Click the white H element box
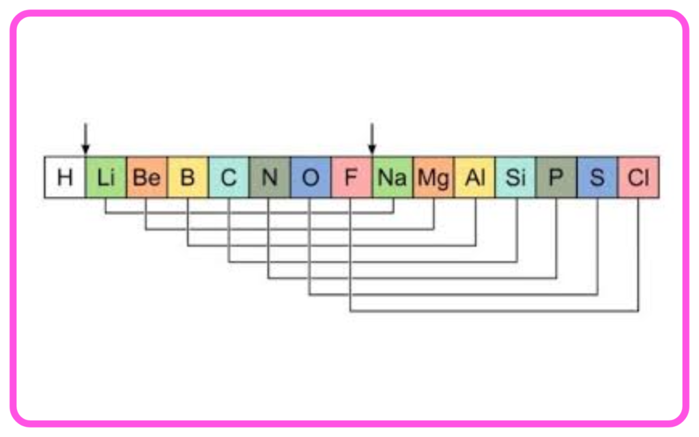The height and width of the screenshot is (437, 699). click(x=65, y=177)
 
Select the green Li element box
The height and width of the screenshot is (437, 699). click(x=106, y=177)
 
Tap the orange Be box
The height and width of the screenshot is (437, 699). click(x=147, y=177)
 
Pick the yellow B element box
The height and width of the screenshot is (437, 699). click(x=188, y=177)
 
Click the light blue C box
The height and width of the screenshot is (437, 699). click(x=229, y=177)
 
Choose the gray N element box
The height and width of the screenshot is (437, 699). click(x=270, y=177)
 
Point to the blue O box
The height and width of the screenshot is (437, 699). click(x=311, y=177)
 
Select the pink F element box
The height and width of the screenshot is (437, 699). click(x=352, y=177)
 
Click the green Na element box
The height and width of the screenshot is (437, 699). click(x=393, y=177)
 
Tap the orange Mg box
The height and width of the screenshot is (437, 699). click(x=433, y=177)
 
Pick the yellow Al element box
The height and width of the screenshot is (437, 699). click(x=475, y=177)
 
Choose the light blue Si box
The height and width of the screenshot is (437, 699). click(x=516, y=177)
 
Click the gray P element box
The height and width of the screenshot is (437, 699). click(x=557, y=177)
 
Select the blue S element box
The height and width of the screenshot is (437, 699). click(x=598, y=177)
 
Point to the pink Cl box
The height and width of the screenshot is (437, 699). click(x=639, y=177)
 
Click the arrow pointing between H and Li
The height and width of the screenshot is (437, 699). click(x=85, y=139)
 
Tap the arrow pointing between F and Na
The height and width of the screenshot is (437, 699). click(x=372, y=139)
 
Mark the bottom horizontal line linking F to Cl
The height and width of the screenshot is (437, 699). click(x=494, y=311)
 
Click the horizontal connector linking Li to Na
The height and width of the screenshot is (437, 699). click(x=249, y=213)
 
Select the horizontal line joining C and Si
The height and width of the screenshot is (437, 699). click(x=373, y=262)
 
